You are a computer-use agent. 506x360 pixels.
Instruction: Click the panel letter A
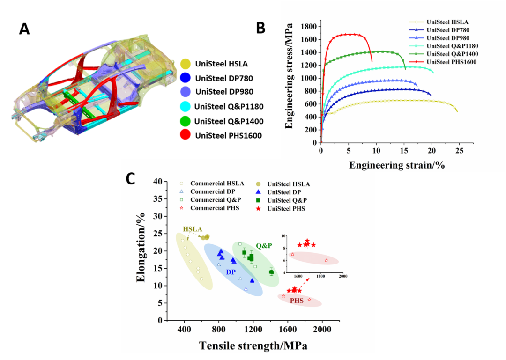click(x=24, y=29)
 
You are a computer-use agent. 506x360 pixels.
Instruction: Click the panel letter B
click(x=261, y=28)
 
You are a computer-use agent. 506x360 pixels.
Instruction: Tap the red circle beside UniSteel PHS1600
click(x=186, y=136)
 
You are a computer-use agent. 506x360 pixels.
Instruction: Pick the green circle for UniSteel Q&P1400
click(x=186, y=121)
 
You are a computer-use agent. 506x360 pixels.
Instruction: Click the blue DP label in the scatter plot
click(x=231, y=272)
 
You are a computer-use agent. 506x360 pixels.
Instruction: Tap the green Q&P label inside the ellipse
click(x=263, y=245)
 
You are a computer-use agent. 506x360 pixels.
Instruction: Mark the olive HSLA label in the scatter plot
click(x=193, y=229)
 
